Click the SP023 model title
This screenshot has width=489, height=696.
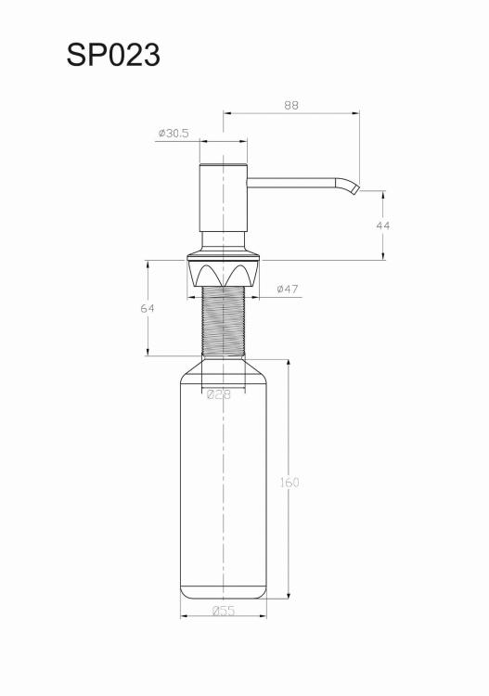click(x=113, y=56)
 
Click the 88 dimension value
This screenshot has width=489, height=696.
click(x=291, y=105)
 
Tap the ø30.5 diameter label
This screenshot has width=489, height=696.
click(x=174, y=133)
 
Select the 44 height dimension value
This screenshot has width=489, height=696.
click(x=383, y=226)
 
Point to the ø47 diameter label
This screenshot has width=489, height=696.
click(x=288, y=289)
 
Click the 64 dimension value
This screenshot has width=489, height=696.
click(x=148, y=308)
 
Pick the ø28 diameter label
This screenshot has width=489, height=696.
click(x=219, y=394)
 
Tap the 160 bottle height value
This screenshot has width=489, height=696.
click(x=290, y=482)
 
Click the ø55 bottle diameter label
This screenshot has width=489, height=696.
click(x=224, y=611)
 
